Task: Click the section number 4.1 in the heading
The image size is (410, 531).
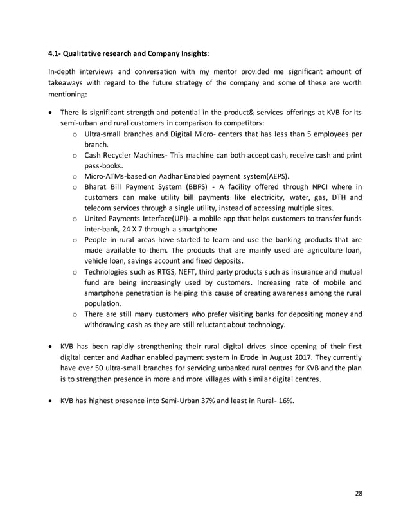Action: tap(56, 53)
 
